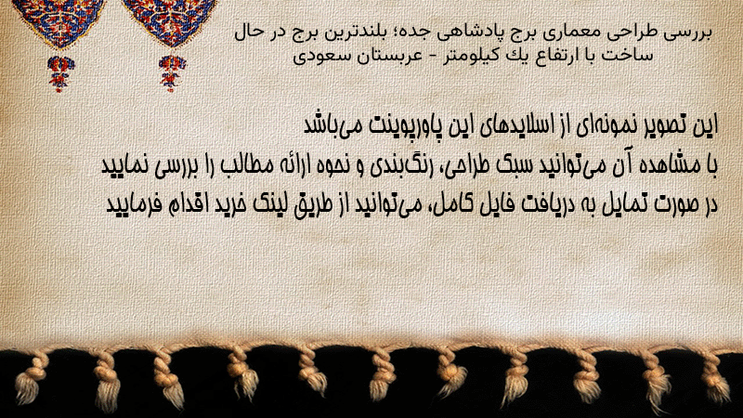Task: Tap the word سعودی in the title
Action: (x=311, y=56)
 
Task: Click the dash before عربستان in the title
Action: (x=424, y=57)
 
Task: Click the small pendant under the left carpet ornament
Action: (x=60, y=73)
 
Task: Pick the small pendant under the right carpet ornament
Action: (x=172, y=73)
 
